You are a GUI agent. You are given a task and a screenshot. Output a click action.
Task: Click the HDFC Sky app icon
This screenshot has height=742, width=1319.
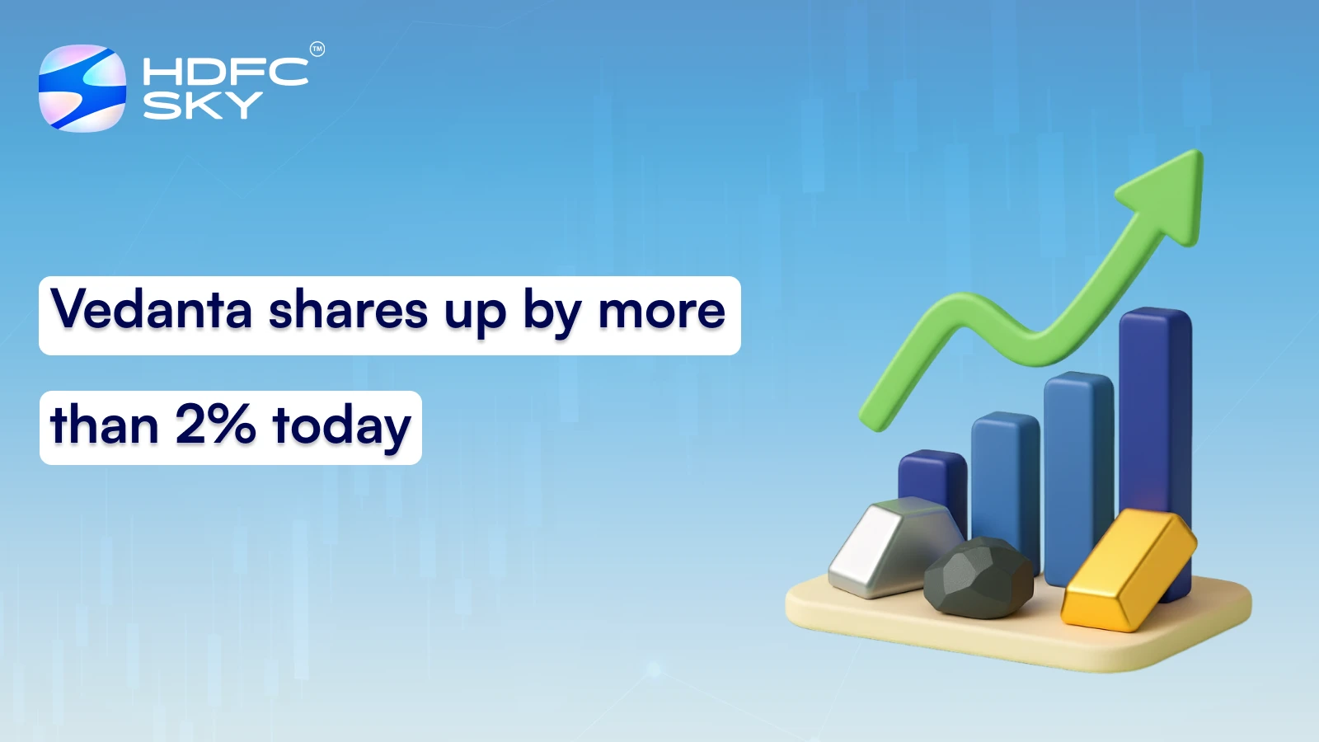pos(82,88)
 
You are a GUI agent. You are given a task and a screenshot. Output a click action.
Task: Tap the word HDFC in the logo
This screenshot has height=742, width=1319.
pos(225,72)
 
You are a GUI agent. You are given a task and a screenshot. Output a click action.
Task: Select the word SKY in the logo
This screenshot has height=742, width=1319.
pos(202,106)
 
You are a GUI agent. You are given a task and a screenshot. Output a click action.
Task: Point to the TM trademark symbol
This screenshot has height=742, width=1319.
pos(317,49)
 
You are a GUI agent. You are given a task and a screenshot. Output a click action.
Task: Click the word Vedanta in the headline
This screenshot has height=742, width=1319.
pos(152,311)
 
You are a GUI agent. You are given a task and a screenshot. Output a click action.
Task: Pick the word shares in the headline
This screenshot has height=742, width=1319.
pos(348,311)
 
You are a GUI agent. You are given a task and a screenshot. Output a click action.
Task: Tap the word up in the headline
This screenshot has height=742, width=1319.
pos(475,314)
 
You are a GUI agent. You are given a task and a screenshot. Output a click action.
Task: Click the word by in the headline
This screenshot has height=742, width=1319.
pos(550,314)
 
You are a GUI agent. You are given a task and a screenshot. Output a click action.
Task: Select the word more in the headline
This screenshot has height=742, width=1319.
pos(662,311)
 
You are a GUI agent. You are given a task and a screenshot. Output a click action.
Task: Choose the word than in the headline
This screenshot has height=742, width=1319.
pos(105,425)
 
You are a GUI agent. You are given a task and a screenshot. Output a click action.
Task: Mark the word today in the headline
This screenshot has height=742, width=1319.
pos(341,427)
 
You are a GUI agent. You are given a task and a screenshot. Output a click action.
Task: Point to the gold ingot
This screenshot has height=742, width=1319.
pos(1127,569)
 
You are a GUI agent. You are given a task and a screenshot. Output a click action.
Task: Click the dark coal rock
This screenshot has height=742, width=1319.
pos(979,578)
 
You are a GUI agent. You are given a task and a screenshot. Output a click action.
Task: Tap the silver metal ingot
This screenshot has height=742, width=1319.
pos(886,548)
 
